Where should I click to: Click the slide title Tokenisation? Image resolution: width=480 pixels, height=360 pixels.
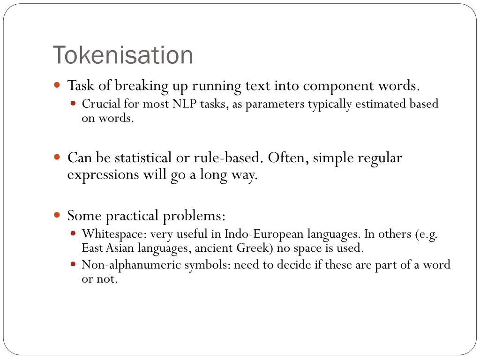[x=123, y=55]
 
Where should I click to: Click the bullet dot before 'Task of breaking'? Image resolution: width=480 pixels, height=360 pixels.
[x=57, y=86]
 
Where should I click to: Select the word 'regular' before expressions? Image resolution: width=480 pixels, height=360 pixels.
[x=380, y=158]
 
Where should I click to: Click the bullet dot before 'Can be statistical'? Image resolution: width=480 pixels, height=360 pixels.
[x=57, y=158]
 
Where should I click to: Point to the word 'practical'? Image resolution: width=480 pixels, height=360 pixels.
[x=132, y=216]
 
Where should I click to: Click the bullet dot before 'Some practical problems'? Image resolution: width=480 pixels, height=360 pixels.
[x=57, y=216]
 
